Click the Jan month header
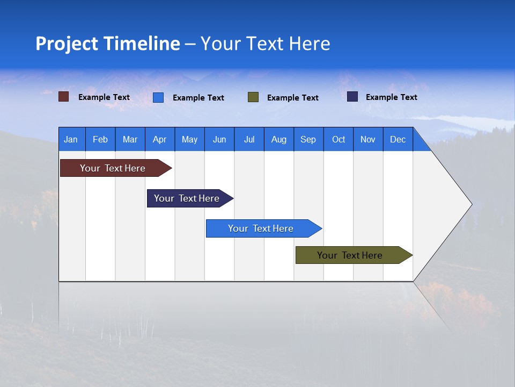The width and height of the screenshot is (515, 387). click(71, 139)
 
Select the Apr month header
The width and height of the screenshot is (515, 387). click(159, 139)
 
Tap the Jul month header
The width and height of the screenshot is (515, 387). click(249, 139)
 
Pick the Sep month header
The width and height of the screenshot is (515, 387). click(308, 139)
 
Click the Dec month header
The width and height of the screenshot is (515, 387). click(398, 139)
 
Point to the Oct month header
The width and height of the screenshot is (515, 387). click(338, 139)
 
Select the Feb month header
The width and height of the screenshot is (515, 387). click(100, 139)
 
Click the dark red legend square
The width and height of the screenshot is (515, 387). click(64, 97)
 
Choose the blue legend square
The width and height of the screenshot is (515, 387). click(158, 97)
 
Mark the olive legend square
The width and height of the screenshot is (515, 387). click(253, 97)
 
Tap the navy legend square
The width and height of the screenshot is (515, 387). click(352, 97)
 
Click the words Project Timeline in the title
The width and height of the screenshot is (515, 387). click(107, 44)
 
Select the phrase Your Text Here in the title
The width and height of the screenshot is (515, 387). click(265, 44)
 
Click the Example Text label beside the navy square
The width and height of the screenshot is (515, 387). click(391, 97)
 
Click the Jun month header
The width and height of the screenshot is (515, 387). click(219, 139)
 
